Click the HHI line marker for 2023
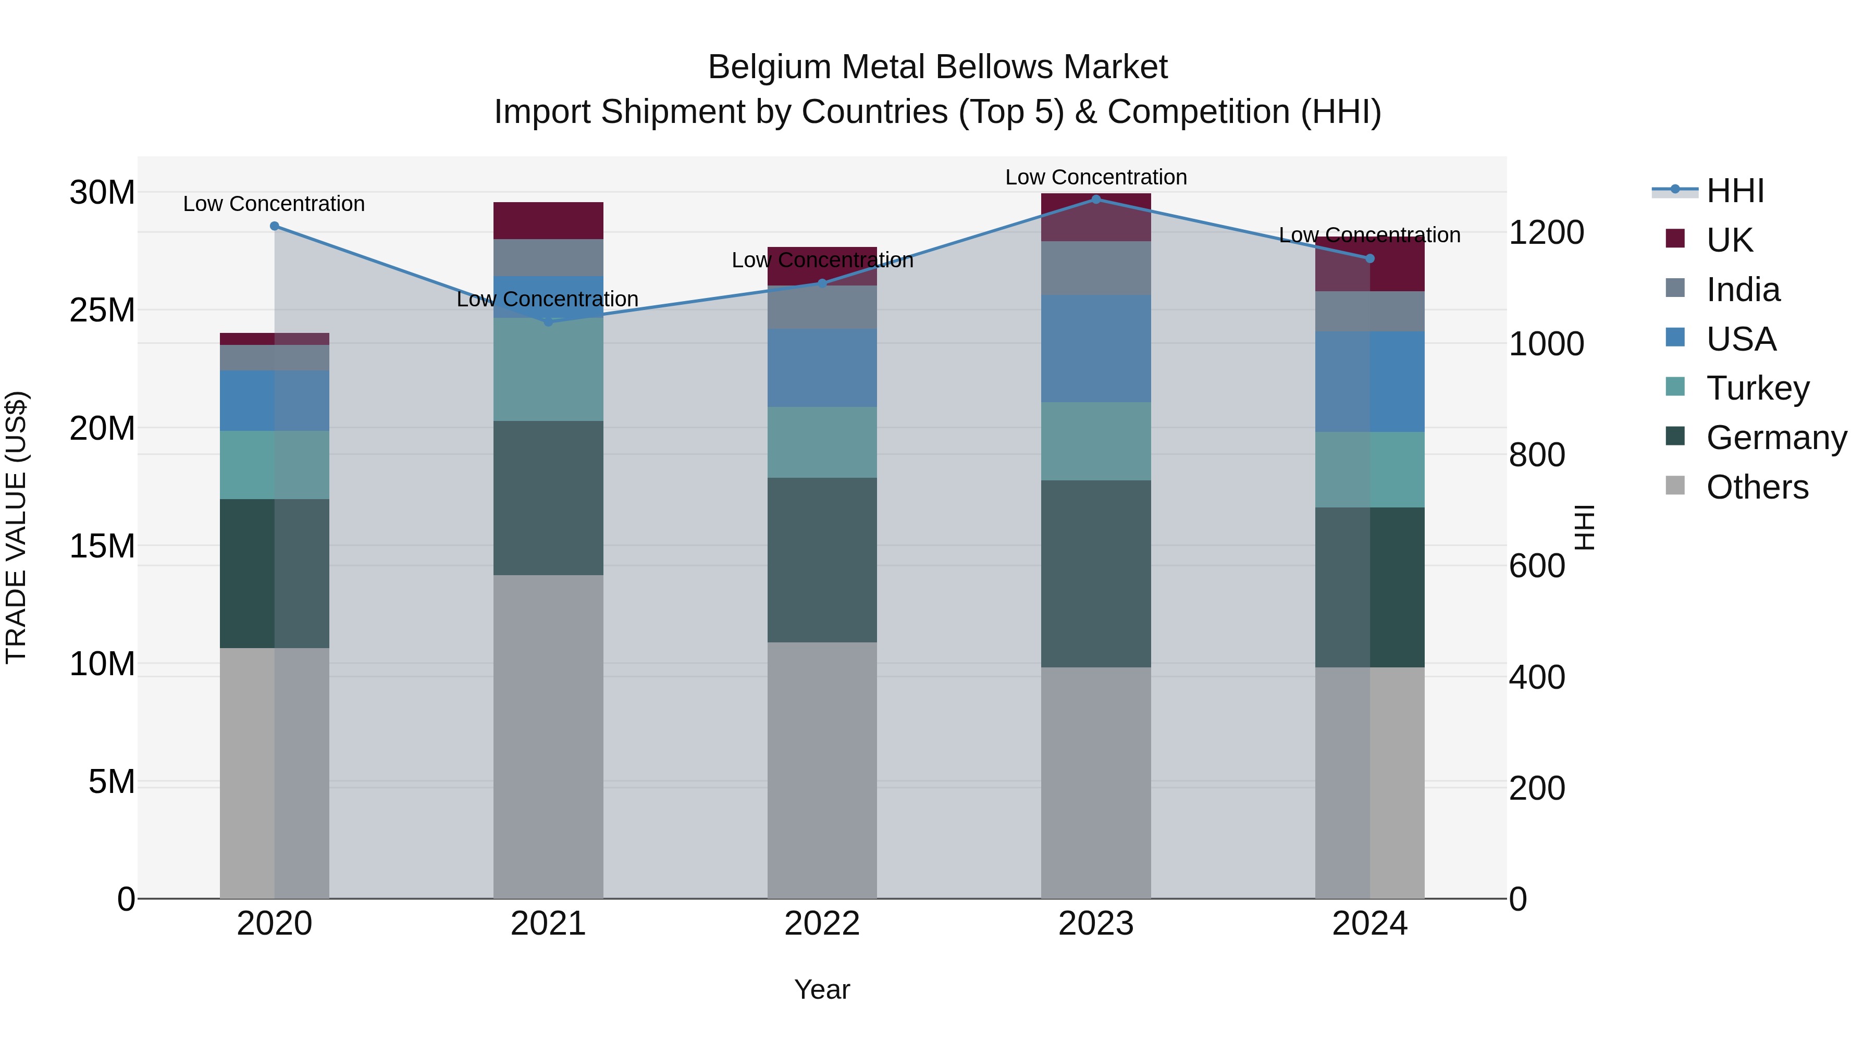(1096, 200)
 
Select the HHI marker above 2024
(1370, 258)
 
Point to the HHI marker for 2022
(822, 283)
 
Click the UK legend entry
(1729, 240)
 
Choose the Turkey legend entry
(1757, 388)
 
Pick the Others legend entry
(1757, 487)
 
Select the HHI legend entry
(1735, 191)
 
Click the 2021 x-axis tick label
(548, 924)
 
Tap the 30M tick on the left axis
(102, 193)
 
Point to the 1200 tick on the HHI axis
(1546, 233)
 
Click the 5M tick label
(112, 782)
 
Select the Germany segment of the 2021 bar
(548, 498)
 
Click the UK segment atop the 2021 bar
(548, 220)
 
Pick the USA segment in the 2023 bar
(1096, 348)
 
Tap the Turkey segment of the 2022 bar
(822, 442)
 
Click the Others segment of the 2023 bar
(1096, 783)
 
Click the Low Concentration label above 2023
(1096, 177)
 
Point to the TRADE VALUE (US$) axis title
(16, 527)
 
